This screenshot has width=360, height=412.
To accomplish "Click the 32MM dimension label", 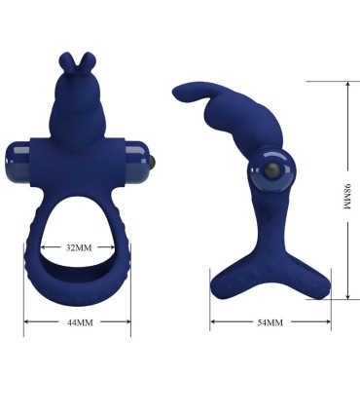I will [x=79, y=247].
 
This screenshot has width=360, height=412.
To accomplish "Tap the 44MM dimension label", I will [x=78, y=321].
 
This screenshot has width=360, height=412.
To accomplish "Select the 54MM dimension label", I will [x=269, y=321].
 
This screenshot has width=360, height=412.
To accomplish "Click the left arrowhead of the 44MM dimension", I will [x=27, y=321].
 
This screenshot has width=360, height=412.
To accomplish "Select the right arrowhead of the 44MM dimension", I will [x=128, y=321].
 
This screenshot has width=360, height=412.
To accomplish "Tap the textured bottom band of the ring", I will [x=78, y=288].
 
